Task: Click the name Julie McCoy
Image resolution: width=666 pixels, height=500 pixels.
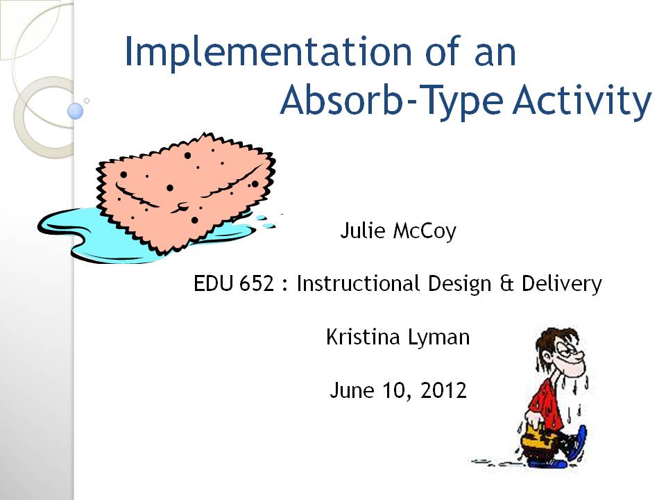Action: [398, 231]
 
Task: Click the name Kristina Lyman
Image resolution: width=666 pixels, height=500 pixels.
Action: [398, 337]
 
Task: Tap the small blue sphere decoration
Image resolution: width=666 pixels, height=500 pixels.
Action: [75, 110]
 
